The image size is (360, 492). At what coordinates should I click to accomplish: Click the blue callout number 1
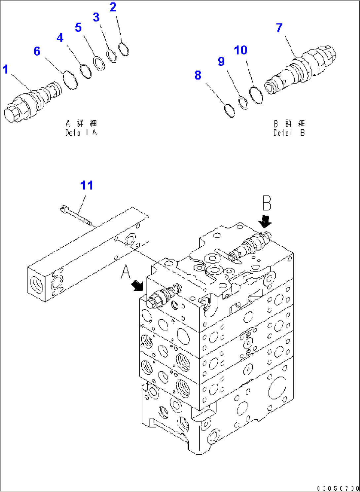(x=6, y=70)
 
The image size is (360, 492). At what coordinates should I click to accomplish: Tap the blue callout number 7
(x=279, y=28)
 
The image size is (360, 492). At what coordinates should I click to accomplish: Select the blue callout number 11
(x=87, y=186)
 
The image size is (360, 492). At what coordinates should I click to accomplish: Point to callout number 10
(x=241, y=50)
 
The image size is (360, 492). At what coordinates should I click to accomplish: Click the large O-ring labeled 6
(x=70, y=80)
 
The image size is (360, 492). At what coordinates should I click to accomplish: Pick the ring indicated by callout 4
(x=86, y=71)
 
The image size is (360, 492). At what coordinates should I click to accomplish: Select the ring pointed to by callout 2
(x=124, y=49)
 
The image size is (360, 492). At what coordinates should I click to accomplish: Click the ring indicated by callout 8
(x=229, y=111)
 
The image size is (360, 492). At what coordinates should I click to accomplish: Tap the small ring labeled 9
(x=243, y=102)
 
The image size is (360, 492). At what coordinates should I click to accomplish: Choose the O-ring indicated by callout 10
(x=256, y=95)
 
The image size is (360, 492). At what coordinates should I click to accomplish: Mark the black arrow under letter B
(x=265, y=222)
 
